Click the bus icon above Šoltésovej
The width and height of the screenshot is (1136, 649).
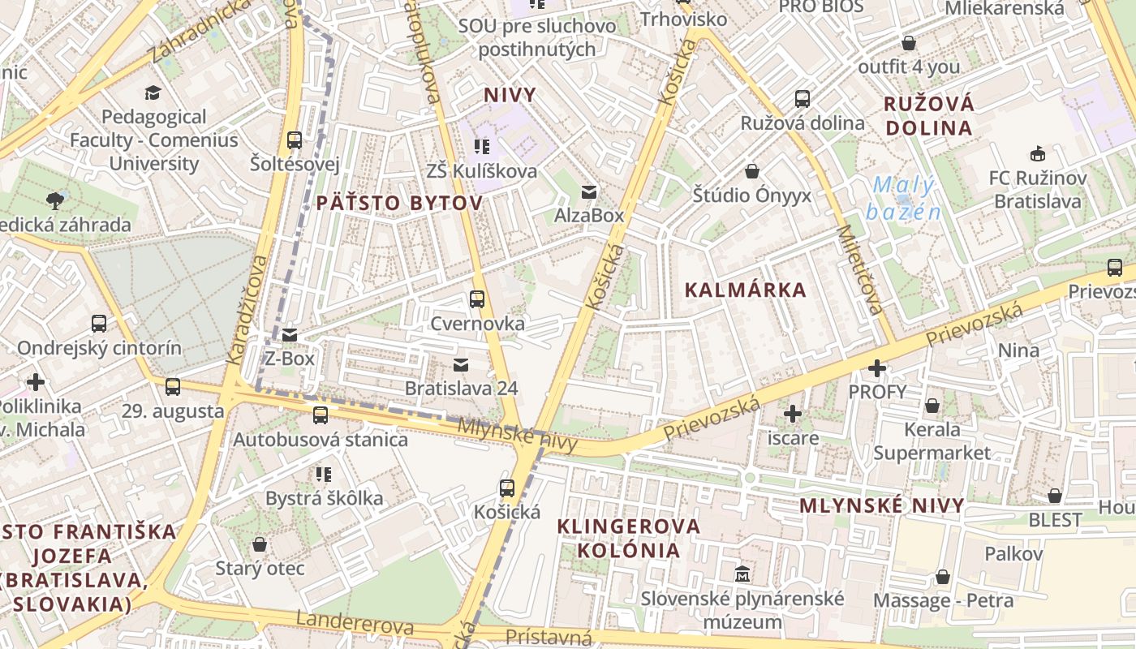click(x=295, y=140)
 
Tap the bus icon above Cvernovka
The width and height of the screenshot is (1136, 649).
click(x=477, y=299)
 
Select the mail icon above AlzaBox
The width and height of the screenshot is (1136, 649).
click(x=589, y=192)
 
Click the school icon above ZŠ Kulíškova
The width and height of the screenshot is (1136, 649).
click(x=482, y=147)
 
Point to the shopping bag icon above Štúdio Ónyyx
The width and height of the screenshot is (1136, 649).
click(x=752, y=171)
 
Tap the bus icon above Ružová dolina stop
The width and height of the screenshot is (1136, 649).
click(x=803, y=99)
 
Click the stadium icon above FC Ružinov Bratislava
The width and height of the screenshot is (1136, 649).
click(x=1037, y=153)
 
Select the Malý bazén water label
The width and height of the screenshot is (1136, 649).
click(x=903, y=199)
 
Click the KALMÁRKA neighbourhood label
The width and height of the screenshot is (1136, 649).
click(x=746, y=290)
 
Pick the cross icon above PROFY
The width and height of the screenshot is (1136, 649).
click(x=877, y=369)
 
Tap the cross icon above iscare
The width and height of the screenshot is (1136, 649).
click(x=793, y=415)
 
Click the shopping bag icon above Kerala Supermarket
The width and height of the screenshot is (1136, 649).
click(x=932, y=405)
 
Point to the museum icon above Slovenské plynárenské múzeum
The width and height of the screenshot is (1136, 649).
click(x=742, y=574)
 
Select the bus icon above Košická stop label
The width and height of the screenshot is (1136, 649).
click(x=507, y=488)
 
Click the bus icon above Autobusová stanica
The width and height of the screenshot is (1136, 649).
click(x=321, y=415)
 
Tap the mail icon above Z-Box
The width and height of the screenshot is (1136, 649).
click(x=290, y=334)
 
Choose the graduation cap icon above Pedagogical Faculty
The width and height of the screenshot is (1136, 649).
click(x=153, y=92)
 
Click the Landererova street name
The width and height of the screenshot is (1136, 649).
click(x=355, y=623)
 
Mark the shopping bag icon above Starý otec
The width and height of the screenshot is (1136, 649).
click(x=260, y=544)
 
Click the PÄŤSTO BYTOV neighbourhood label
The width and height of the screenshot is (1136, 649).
click(x=398, y=203)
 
